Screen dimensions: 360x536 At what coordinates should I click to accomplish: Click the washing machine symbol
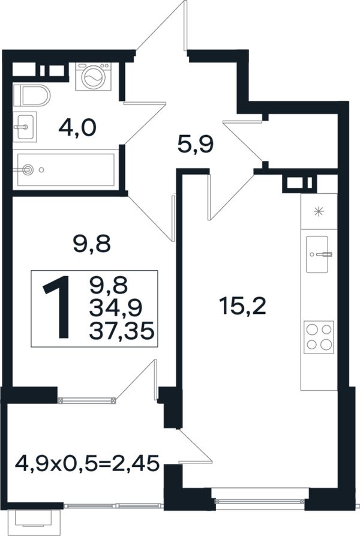point(93,77)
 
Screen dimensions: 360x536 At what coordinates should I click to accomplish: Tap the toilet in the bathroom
point(32,95)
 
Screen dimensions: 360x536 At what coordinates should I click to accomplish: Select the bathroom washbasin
point(25,127)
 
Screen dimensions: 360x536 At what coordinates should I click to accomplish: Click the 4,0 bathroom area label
point(78,128)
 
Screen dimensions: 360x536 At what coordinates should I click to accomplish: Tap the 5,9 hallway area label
point(196,145)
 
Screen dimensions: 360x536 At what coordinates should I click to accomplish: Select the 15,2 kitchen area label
point(242,306)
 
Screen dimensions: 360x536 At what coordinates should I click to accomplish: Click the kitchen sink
point(317,254)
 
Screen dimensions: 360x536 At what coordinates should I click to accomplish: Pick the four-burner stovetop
point(319,337)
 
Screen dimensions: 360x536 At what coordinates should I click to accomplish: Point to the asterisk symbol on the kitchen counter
point(319,212)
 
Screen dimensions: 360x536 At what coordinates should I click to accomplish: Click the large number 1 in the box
point(58,308)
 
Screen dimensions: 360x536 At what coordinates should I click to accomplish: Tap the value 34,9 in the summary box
point(116,308)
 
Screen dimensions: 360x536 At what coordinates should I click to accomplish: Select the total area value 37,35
point(121,331)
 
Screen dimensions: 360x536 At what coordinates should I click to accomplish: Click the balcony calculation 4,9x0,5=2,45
point(87,463)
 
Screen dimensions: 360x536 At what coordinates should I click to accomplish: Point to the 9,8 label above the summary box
point(92,244)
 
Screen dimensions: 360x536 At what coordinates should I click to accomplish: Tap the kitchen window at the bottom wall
point(260,501)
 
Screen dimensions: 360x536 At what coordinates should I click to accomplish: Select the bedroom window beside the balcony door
point(87,400)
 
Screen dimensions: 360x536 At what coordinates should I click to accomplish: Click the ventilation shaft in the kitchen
point(298,182)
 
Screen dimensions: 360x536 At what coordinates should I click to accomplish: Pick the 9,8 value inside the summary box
point(108,285)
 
